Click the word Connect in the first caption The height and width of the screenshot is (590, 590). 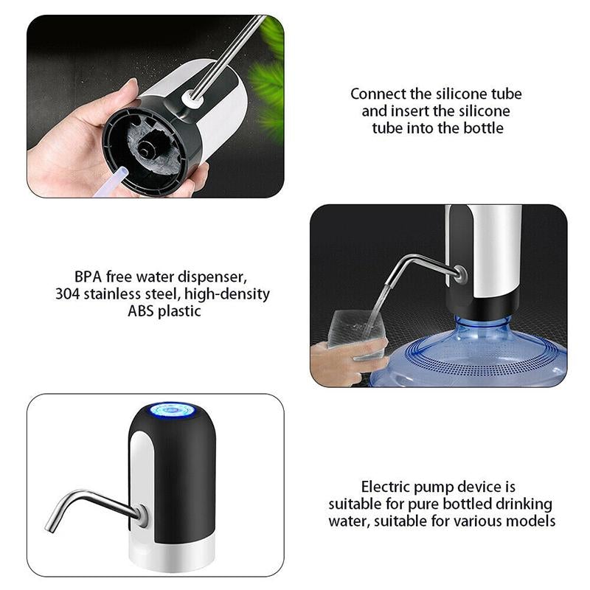coord(378,94)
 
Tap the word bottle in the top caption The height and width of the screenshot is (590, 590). coord(483,128)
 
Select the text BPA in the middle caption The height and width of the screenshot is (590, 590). coord(88,277)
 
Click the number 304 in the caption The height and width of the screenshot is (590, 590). coord(67,294)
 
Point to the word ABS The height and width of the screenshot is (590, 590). coord(141,311)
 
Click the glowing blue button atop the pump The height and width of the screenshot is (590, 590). coord(173,410)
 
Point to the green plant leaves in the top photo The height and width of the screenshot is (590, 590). coord(270,75)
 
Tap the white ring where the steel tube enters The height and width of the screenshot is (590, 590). coord(192,99)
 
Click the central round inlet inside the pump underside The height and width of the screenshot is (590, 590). coord(145,149)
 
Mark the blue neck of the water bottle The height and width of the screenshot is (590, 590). coord(483,324)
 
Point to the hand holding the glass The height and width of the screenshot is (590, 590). coord(345,361)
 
